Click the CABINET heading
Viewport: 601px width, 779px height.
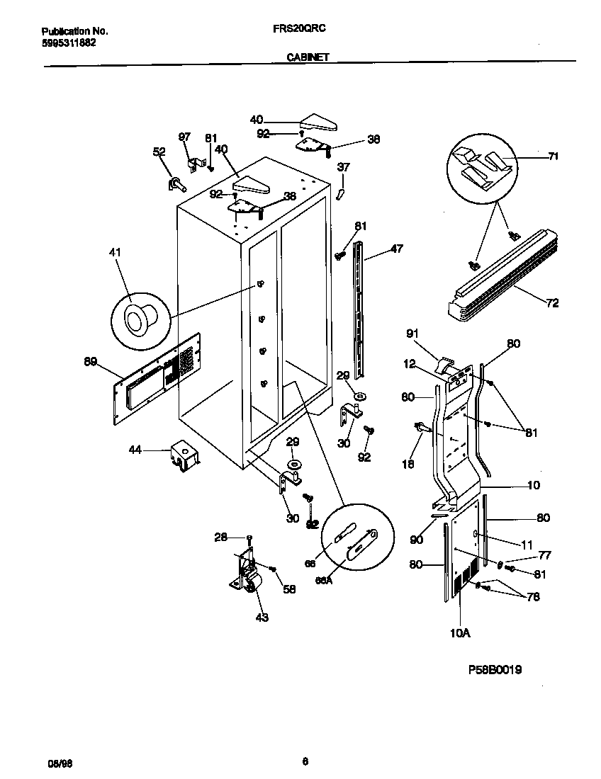pyautogui.click(x=307, y=58)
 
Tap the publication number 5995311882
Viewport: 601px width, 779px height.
pyautogui.click(x=69, y=42)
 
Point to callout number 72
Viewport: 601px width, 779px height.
pyautogui.click(x=552, y=303)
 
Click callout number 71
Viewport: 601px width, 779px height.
pyautogui.click(x=553, y=157)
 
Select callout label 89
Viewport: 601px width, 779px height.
pyautogui.click(x=90, y=362)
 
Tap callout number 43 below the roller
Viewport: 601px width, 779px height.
pyautogui.click(x=262, y=618)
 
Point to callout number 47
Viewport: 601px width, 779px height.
pyautogui.click(x=396, y=249)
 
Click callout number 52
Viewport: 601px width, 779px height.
pyautogui.click(x=159, y=151)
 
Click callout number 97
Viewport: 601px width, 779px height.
pyautogui.click(x=184, y=136)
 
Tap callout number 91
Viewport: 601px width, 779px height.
pyautogui.click(x=413, y=334)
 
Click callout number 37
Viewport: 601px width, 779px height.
pyautogui.click(x=343, y=168)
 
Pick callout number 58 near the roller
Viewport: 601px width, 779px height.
pyautogui.click(x=290, y=588)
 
